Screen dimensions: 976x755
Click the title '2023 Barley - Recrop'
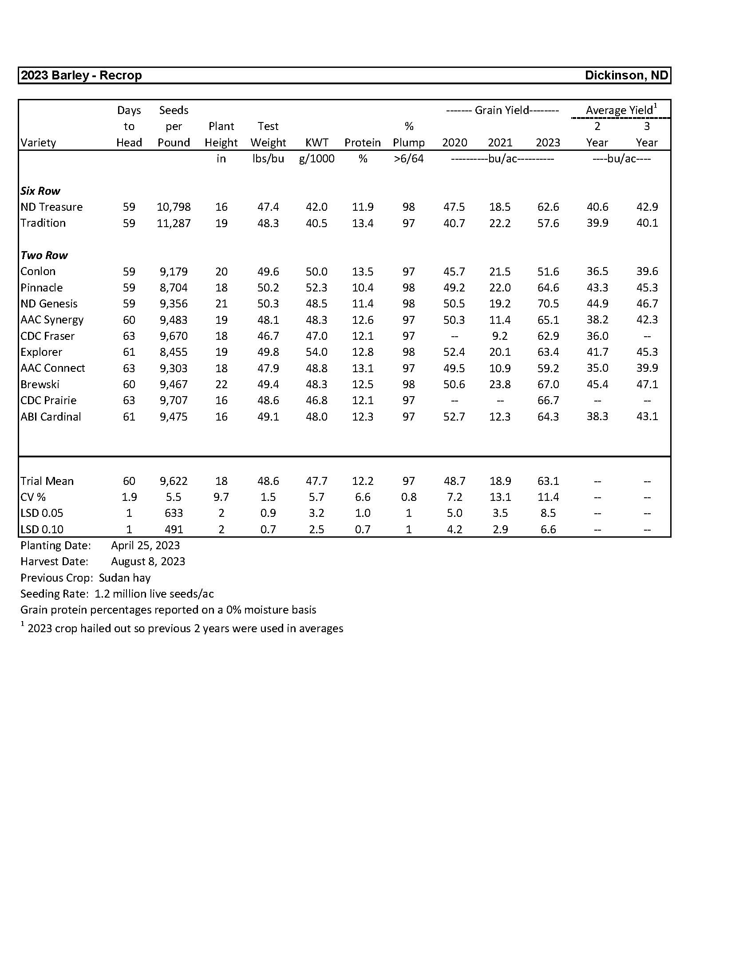click(x=81, y=75)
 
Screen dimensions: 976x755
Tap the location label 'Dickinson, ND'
click(x=626, y=75)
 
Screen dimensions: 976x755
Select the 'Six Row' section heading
click(x=40, y=191)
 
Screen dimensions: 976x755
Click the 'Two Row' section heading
click(x=44, y=255)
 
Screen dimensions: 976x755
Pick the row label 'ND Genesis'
click(x=49, y=304)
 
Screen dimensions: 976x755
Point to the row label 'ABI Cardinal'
click(x=51, y=417)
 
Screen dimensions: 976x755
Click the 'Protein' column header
click(x=363, y=142)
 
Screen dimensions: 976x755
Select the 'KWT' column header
click(x=316, y=142)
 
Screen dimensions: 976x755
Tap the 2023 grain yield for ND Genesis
click(x=548, y=304)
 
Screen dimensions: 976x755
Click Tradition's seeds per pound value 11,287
click(x=174, y=223)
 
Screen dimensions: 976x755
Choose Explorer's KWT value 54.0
click(x=316, y=352)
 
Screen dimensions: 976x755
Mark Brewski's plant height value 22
click(x=221, y=384)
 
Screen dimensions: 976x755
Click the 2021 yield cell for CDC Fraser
click(x=500, y=336)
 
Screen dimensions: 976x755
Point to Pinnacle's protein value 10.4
click(x=363, y=288)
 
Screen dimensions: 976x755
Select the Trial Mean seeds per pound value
click(x=174, y=481)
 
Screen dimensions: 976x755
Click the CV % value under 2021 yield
click(x=500, y=497)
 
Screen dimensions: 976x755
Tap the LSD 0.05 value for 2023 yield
click(x=548, y=513)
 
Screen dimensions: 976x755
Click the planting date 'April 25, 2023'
click(x=145, y=545)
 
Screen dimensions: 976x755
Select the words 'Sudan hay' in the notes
click(x=125, y=577)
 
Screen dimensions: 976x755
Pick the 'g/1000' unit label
click(x=316, y=159)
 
